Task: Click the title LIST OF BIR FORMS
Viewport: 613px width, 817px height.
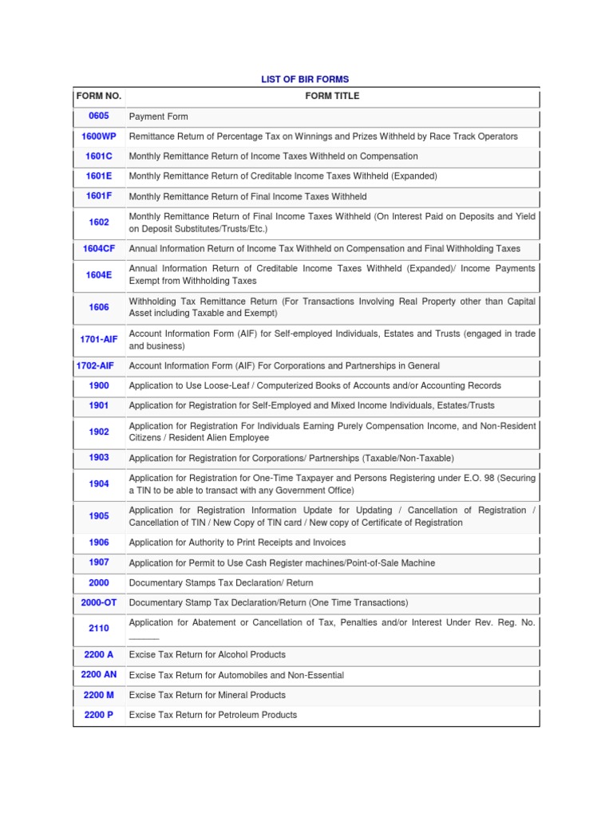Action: tap(306, 79)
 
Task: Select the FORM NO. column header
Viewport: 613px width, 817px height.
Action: tap(99, 96)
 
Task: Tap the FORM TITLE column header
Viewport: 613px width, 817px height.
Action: tap(332, 96)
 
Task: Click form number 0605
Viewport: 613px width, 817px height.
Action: tap(99, 116)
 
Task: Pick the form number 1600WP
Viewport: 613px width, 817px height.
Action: tap(99, 136)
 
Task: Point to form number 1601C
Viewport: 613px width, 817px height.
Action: tap(99, 156)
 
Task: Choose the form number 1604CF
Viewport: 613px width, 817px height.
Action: tap(99, 249)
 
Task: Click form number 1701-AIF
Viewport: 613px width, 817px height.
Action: tap(99, 340)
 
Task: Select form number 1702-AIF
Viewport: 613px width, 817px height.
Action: tap(96, 365)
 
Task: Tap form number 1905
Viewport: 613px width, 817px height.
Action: tap(99, 516)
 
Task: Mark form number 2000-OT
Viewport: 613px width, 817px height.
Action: tap(99, 602)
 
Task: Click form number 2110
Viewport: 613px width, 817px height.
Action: tap(99, 629)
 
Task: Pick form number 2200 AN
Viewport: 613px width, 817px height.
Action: tap(99, 675)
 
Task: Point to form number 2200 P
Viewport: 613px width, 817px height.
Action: tap(99, 715)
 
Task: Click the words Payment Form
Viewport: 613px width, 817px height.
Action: tap(158, 116)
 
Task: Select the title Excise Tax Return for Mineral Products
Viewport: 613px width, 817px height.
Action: tap(207, 695)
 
